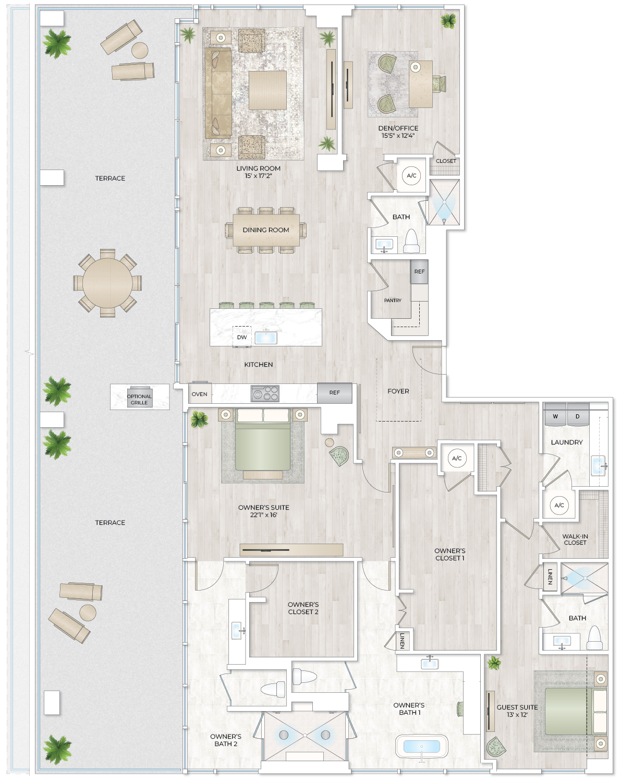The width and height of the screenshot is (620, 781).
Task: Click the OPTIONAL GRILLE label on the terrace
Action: point(139,399)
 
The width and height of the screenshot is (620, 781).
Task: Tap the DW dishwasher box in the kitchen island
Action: point(242,337)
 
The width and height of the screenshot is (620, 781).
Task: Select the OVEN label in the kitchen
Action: point(200,394)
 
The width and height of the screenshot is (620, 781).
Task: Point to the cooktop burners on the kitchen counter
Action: point(265,393)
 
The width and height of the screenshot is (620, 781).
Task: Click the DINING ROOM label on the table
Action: point(265,230)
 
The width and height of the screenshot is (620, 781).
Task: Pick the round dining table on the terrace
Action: point(107,283)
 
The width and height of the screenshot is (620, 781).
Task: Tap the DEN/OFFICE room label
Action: point(398,128)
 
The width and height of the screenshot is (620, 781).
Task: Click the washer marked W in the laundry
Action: point(555,416)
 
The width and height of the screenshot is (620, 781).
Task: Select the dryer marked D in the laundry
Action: point(578,416)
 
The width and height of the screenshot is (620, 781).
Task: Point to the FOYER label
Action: point(398,391)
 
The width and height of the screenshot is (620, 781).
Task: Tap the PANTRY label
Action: point(393,301)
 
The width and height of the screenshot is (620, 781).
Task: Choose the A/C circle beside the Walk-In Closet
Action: point(559,505)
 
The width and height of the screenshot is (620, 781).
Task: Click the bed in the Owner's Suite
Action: point(262,443)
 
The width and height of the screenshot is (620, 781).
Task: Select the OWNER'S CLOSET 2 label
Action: point(303,608)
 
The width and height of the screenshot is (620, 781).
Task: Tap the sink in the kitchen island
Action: point(266,337)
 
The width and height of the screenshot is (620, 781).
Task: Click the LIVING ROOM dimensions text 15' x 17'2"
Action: point(258,176)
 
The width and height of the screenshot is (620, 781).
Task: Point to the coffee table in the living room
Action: point(268,90)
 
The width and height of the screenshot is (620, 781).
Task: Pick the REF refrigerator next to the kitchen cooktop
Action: point(334,393)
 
